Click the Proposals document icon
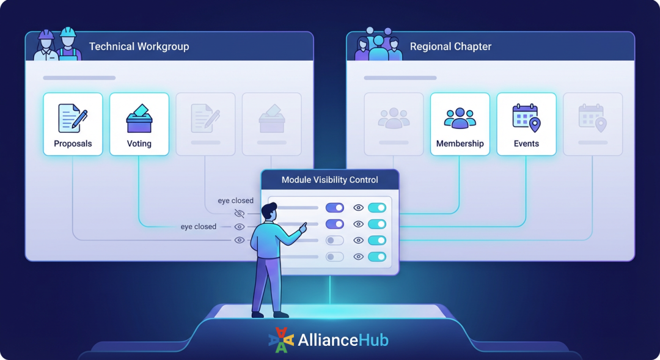click(x=72, y=118)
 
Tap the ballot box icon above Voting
click(x=139, y=119)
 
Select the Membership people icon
click(x=460, y=118)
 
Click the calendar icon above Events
click(x=526, y=118)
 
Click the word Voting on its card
click(x=139, y=144)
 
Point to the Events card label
click(x=526, y=144)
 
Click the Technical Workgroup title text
click(x=139, y=46)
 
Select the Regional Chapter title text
click(x=450, y=46)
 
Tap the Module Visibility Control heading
click(x=329, y=180)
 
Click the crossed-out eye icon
click(x=240, y=213)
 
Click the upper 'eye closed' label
click(x=235, y=200)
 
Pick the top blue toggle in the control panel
click(x=334, y=208)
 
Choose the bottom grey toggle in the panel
click(x=334, y=257)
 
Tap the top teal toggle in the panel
click(x=377, y=208)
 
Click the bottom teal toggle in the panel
click(x=377, y=257)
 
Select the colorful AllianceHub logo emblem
click(x=281, y=340)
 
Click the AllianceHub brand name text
click(x=343, y=340)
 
